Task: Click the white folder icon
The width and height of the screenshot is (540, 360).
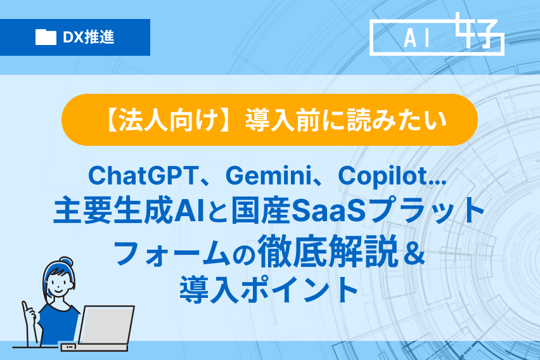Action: point(46,37)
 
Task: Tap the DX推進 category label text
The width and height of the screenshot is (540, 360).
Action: point(89,37)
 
